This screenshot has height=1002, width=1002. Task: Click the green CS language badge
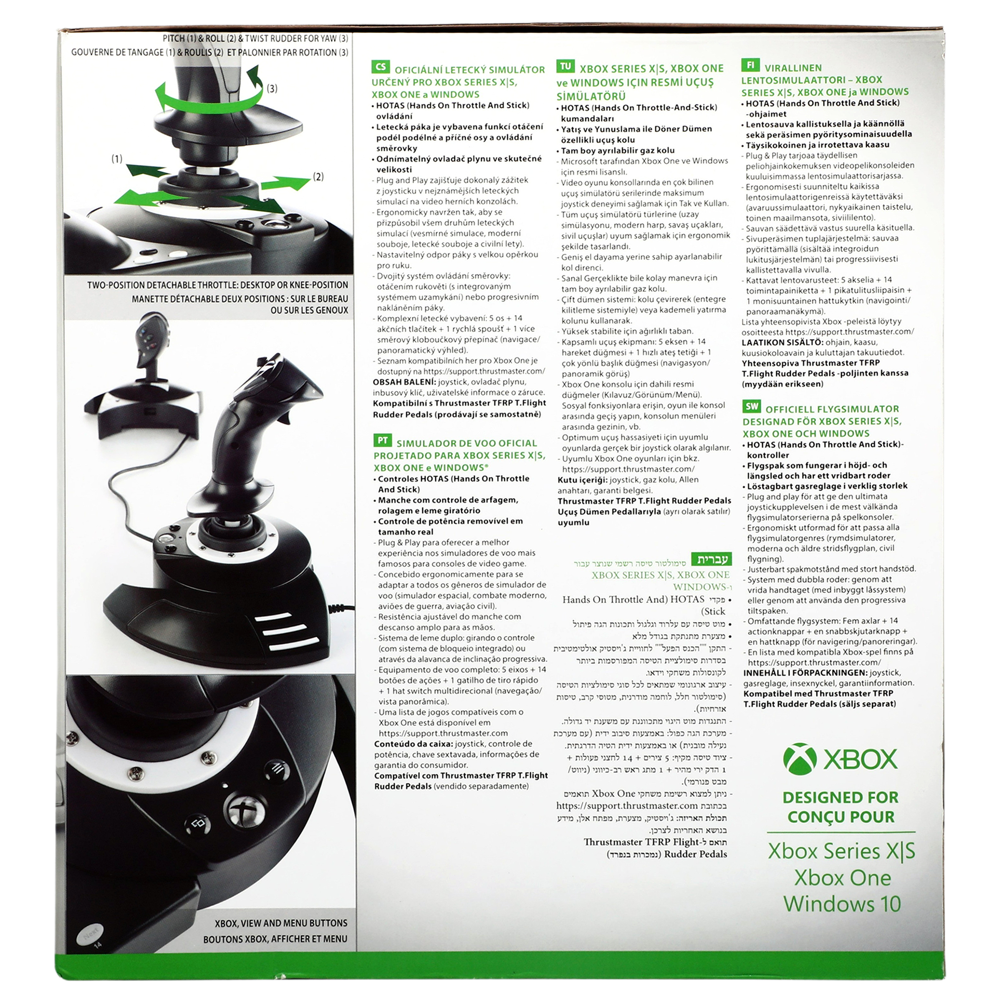(381, 66)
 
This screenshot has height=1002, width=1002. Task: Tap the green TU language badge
(565, 66)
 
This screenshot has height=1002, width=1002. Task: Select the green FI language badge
(750, 65)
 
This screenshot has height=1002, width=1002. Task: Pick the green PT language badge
(382, 440)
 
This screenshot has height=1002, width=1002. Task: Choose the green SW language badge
(751, 406)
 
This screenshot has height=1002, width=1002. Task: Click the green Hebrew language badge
(712, 559)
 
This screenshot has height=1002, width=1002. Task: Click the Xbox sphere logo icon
(800, 759)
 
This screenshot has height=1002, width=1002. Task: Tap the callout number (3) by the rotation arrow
(272, 89)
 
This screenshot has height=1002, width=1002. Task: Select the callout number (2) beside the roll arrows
(318, 177)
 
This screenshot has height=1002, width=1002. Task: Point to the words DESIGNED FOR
(841, 797)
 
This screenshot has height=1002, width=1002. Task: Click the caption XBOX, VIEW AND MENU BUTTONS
(281, 923)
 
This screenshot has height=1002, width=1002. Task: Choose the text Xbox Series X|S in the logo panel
(841, 851)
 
